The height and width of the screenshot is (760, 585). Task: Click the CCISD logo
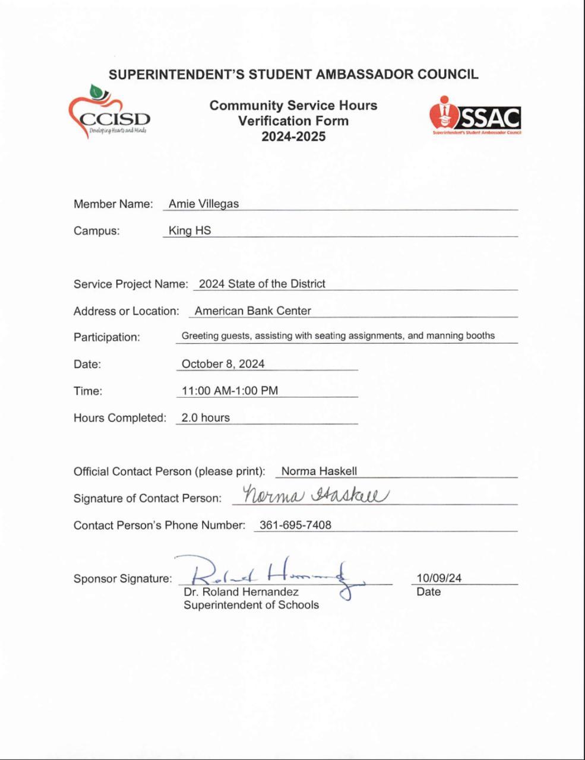pyautogui.click(x=109, y=113)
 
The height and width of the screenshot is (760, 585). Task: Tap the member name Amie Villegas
pyautogui.click(x=203, y=204)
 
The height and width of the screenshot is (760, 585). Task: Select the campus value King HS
pyautogui.click(x=189, y=230)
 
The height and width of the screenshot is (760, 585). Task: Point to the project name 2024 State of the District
pyautogui.click(x=262, y=284)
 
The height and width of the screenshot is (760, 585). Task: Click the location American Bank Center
pyautogui.click(x=252, y=311)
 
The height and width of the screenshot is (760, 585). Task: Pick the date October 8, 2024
pyautogui.click(x=223, y=364)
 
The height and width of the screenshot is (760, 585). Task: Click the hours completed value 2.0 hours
pyautogui.click(x=205, y=417)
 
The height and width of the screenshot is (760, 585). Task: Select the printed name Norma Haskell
pyautogui.click(x=319, y=471)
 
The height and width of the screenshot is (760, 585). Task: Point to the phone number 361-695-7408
pyautogui.click(x=295, y=525)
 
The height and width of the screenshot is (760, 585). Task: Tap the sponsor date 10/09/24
pyautogui.click(x=439, y=578)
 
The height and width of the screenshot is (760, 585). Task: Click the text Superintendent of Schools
pyautogui.click(x=251, y=605)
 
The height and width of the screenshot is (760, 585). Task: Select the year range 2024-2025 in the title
pyautogui.click(x=293, y=137)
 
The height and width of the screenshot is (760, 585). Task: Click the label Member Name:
pyautogui.click(x=113, y=204)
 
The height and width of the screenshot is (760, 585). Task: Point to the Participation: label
pyautogui.click(x=107, y=337)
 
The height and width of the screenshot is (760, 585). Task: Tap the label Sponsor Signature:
pyautogui.click(x=122, y=578)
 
